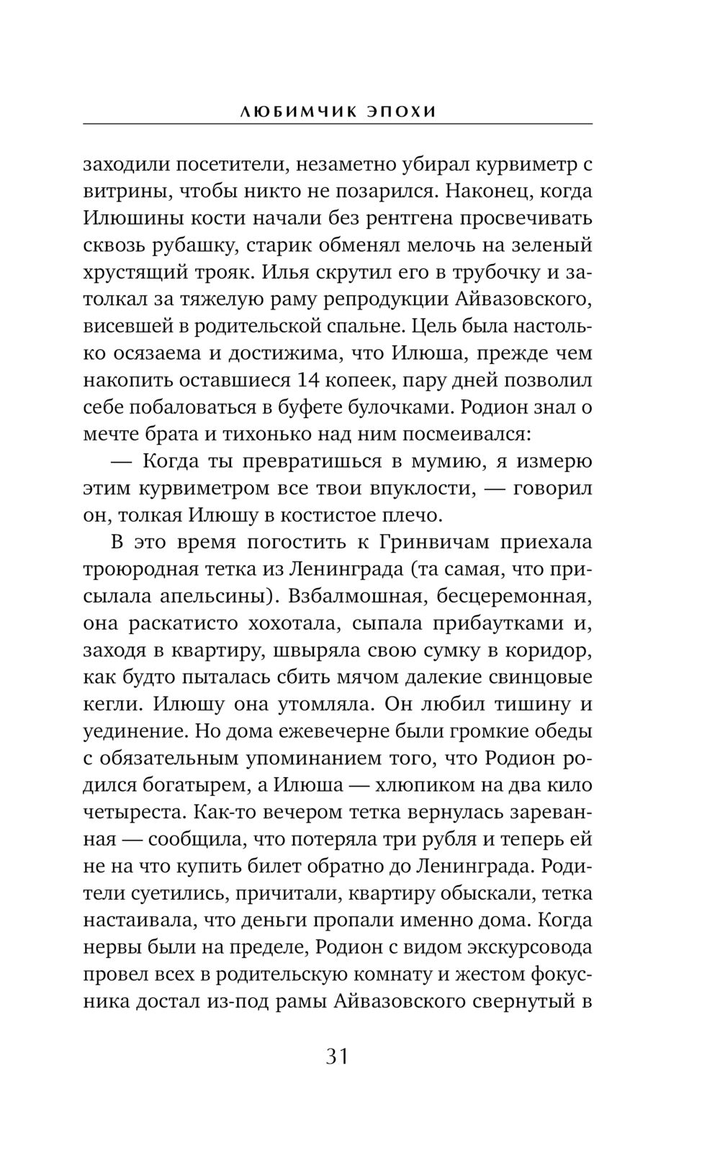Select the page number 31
click(x=337, y=1057)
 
